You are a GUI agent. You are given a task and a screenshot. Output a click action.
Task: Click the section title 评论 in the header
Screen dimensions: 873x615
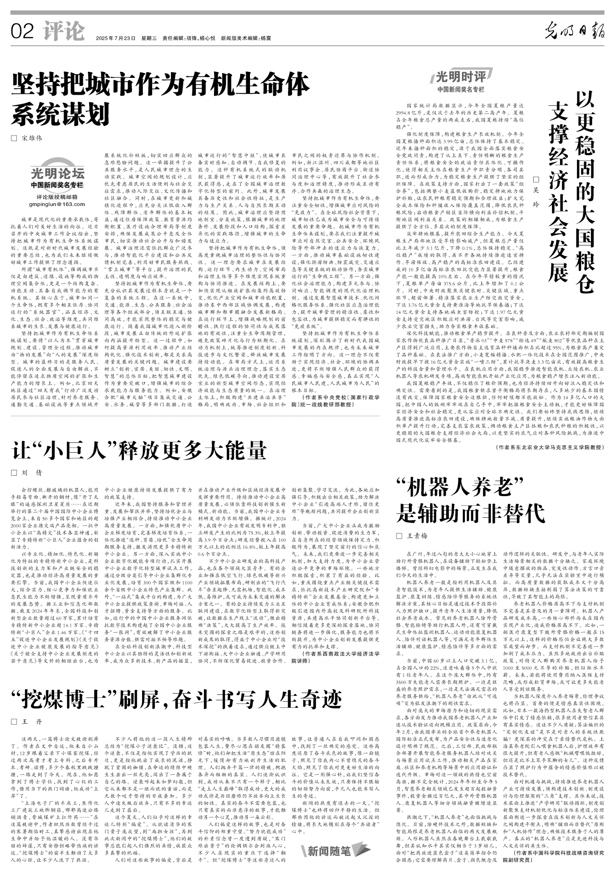pos(64,31)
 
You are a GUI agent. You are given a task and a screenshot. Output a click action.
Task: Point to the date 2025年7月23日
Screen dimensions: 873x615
pos(116,38)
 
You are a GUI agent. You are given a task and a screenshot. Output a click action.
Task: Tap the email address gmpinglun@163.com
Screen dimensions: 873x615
pos(57,204)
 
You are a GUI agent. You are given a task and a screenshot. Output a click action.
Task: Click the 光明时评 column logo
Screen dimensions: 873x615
pos(461,77)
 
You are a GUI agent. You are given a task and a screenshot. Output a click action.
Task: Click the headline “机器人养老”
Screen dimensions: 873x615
pos(460,488)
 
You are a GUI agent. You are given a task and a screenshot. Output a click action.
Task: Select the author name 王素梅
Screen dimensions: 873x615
pos(417,536)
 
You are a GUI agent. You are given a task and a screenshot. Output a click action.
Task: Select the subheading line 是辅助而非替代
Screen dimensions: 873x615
pos(470,513)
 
